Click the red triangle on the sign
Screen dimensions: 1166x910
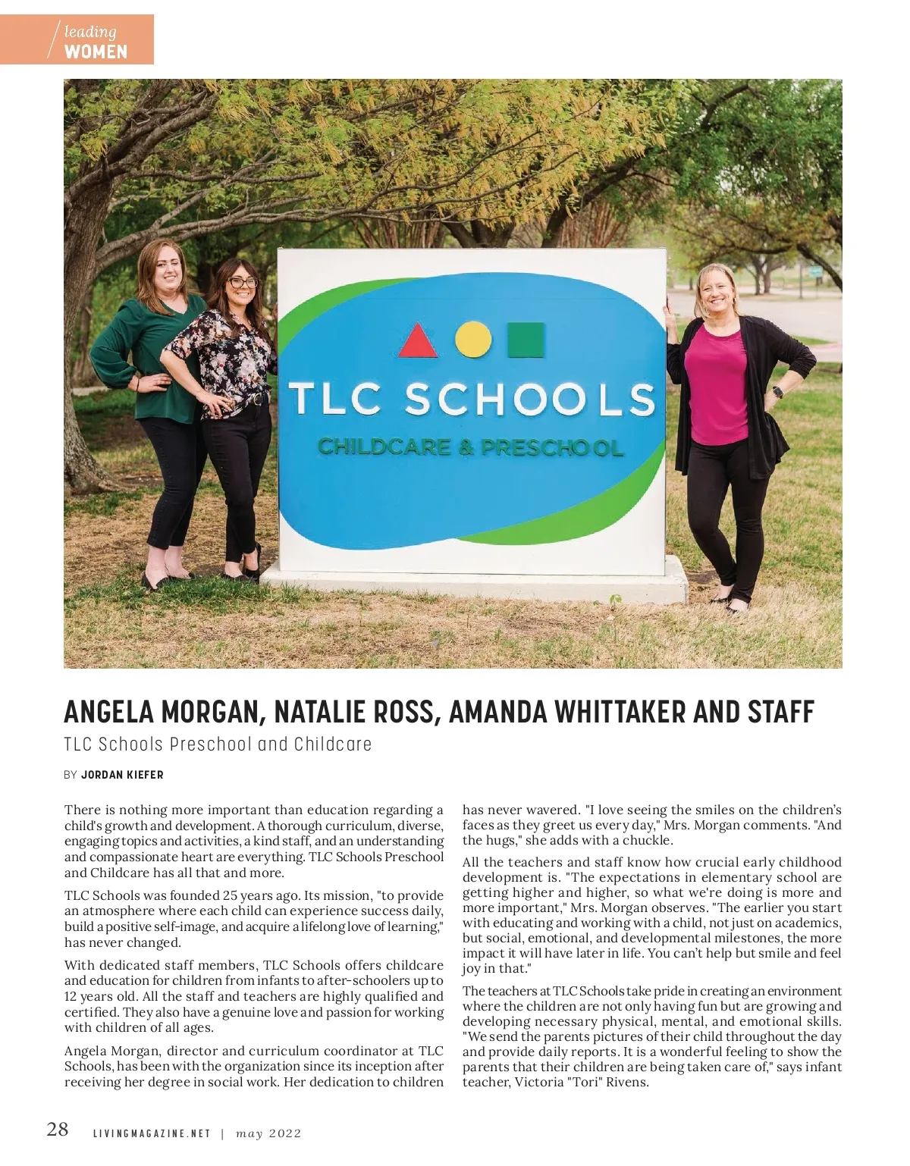tap(418, 341)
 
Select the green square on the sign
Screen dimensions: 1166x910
tap(526, 340)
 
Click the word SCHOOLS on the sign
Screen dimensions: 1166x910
tap(529, 398)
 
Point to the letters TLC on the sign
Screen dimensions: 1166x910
tap(336, 399)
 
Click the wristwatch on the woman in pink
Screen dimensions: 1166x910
tap(777, 392)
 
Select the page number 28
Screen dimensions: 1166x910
tap(58, 1129)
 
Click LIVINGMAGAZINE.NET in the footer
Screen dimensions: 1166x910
tap(151, 1133)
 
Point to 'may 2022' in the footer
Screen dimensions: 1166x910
tap(268, 1133)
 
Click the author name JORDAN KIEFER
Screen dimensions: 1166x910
tap(122, 775)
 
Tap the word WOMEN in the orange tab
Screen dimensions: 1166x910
tap(96, 52)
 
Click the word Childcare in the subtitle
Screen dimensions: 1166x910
tap(333, 744)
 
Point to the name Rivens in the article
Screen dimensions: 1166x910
tap(626, 1082)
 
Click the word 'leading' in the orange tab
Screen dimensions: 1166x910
tap(90, 32)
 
